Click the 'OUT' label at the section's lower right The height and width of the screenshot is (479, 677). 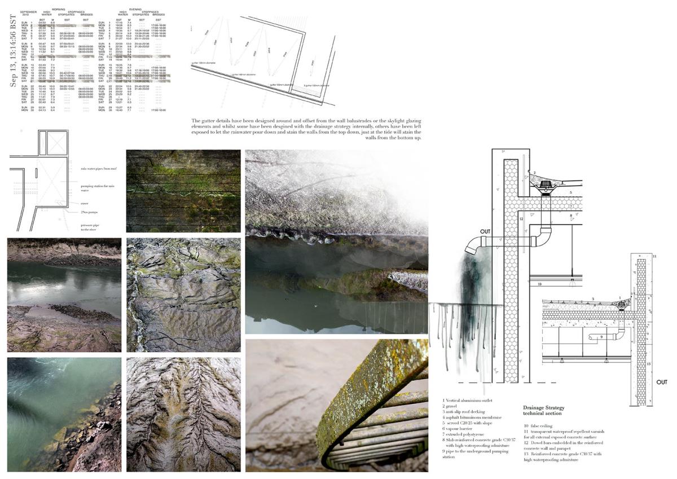pyautogui.click(x=662, y=382)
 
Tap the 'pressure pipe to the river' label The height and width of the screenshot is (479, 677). pyautogui.click(x=90, y=227)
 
